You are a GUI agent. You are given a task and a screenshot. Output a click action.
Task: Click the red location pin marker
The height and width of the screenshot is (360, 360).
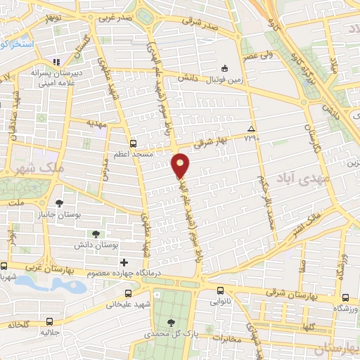181,165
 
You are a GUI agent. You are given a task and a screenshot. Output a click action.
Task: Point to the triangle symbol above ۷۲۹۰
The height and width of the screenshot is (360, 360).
252,128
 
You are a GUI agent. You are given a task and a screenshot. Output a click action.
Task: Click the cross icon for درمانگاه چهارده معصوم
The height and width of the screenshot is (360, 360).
124,262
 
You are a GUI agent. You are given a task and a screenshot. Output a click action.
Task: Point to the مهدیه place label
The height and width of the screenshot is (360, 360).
95,122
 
